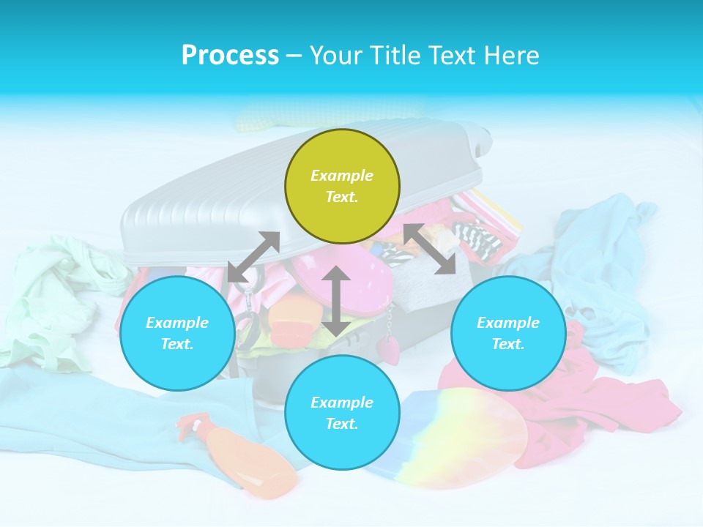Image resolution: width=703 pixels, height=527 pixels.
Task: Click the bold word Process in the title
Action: [x=230, y=56]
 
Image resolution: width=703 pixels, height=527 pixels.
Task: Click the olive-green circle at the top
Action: [x=342, y=146]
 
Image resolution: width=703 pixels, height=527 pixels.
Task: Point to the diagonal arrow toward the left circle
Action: [x=253, y=257]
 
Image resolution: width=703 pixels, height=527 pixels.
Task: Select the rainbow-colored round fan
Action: [x=469, y=439]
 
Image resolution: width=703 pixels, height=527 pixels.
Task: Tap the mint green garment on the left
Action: [x=44, y=300]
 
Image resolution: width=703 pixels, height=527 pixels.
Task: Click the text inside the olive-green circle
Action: [x=342, y=186]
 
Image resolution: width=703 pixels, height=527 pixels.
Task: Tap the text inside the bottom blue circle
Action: [x=342, y=413]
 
